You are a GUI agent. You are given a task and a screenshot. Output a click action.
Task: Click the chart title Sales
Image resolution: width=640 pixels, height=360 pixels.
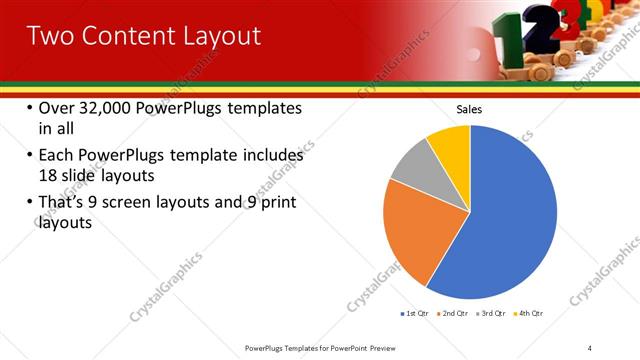pyautogui.click(x=469, y=108)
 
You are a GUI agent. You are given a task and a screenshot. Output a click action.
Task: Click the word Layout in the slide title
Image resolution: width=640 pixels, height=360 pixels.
pyautogui.click(x=217, y=36)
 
